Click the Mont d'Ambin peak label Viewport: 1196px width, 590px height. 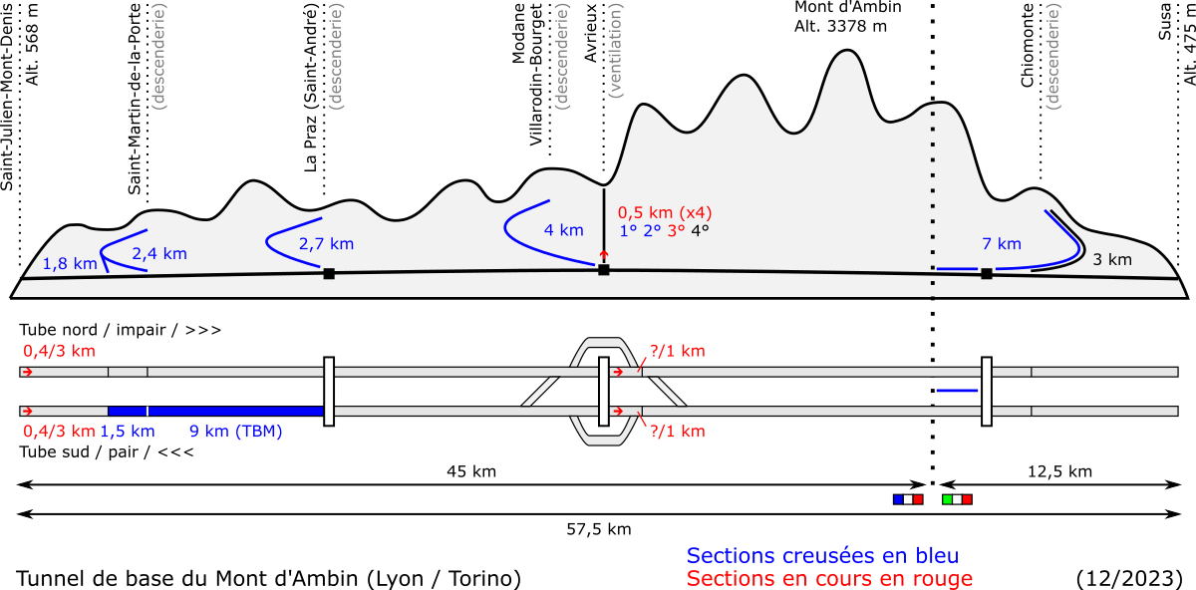(848, 17)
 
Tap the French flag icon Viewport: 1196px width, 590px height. (908, 499)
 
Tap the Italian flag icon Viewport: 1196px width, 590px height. (958, 499)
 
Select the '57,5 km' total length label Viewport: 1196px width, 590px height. (599, 529)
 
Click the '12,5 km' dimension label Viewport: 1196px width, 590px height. (1059, 471)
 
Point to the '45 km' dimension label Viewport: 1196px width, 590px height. (471, 471)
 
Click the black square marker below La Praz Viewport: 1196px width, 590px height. (329, 274)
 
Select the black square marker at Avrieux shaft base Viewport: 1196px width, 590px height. (604, 270)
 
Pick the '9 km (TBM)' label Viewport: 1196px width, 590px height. (236, 431)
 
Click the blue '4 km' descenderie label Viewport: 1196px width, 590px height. (564, 230)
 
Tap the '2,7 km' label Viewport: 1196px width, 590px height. (326, 244)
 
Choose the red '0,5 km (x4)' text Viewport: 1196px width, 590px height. (665, 212)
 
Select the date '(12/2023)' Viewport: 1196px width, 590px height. (1129, 578)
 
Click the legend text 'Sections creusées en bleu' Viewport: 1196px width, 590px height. (823, 556)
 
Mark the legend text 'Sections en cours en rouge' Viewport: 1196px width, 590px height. (829, 578)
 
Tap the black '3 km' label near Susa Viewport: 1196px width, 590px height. (1112, 259)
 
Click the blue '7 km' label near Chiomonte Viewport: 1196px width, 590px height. (1002, 244)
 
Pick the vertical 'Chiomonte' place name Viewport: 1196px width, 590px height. (1028, 45)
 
